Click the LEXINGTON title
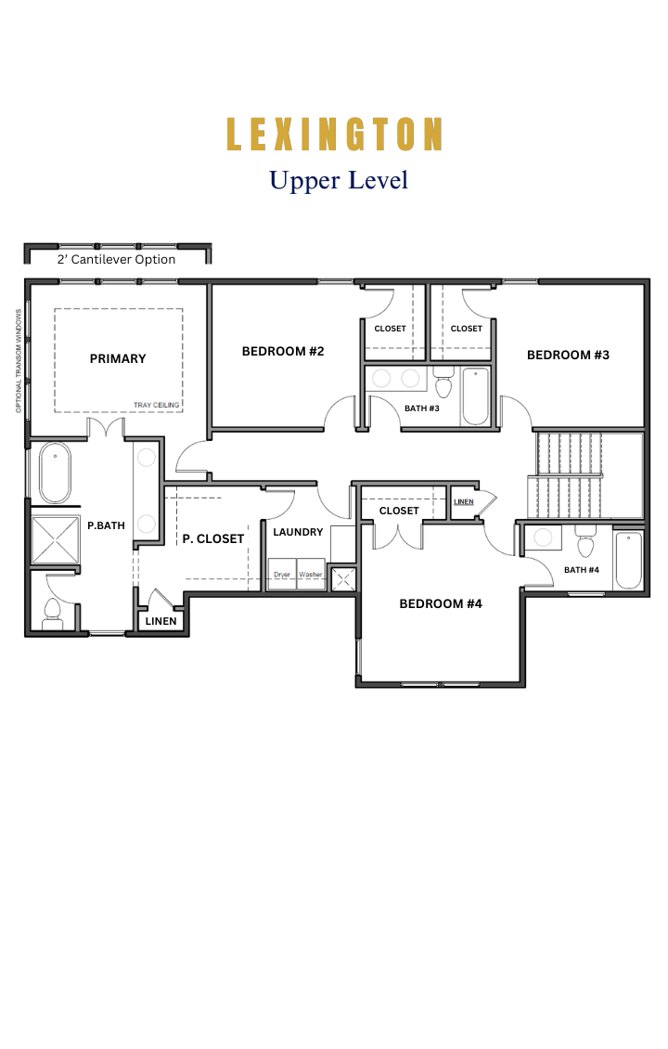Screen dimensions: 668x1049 coord(334,134)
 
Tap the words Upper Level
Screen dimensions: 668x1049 coord(339,181)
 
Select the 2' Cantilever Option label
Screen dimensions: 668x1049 coord(116,260)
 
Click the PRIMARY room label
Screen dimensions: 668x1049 coord(118,358)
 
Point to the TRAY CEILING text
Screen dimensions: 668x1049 coord(157,405)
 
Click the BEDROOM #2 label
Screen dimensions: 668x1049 coord(283,351)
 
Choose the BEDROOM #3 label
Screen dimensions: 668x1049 coord(568,356)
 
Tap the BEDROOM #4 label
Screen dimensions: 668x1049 coord(441,603)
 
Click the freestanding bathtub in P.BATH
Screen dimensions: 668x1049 coord(55,473)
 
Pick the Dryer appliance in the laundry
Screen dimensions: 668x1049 coord(282,575)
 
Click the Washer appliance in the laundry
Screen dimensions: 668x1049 coord(311,575)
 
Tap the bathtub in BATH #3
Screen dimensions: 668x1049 coord(475,396)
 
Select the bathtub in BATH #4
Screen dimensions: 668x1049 coord(628,560)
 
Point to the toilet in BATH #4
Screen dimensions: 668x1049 coord(585,542)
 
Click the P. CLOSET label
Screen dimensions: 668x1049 coord(213,538)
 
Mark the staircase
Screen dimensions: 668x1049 coord(569,475)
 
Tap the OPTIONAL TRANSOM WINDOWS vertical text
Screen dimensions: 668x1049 coord(19,360)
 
